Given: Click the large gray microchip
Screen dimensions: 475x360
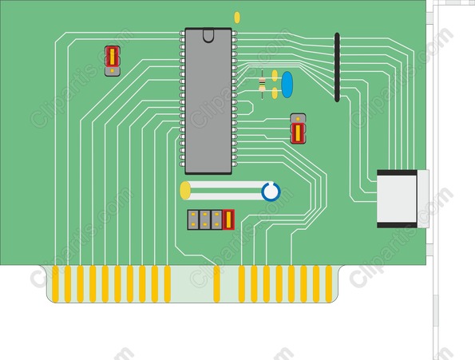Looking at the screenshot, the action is [208, 101].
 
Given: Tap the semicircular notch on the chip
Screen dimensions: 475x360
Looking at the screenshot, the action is [208, 35].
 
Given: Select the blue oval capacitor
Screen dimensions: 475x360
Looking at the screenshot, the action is [287, 85].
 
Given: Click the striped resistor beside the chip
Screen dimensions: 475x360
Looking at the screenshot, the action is [263, 84].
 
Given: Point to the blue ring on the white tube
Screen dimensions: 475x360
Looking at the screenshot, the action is [271, 192].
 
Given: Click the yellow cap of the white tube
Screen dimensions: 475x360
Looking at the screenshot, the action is [185, 191].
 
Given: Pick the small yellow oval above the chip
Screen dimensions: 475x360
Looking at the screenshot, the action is [237, 18].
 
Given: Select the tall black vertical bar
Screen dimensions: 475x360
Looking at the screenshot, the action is [337, 67].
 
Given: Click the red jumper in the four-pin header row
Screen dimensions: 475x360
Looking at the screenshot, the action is [228, 220].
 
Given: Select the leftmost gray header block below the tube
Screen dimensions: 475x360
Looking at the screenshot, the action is [193, 220].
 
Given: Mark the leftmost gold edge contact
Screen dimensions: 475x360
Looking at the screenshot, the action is [55, 284].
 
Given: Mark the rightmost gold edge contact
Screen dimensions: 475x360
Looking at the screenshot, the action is [329, 284].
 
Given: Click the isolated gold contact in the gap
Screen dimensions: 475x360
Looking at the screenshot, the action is [216, 284].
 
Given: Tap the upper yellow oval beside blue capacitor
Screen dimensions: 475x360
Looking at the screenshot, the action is [275, 76].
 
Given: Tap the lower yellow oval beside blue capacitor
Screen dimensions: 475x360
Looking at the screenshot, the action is [275, 93].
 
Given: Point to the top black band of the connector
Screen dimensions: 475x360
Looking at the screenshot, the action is [397, 173].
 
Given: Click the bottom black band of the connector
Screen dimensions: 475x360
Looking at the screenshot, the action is [397, 225].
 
